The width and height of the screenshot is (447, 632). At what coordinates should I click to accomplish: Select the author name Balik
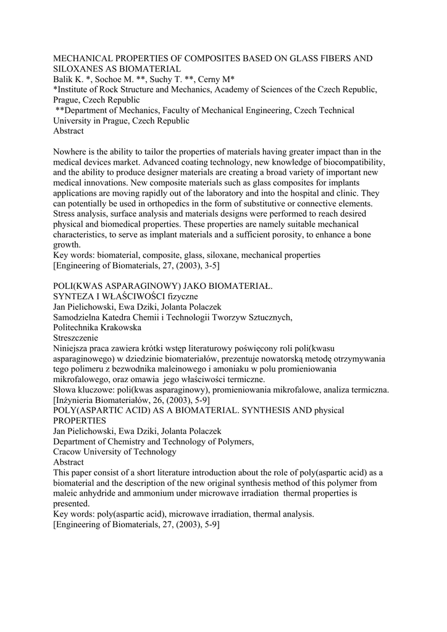(65, 80)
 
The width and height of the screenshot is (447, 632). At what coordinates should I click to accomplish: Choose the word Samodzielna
(80, 317)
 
